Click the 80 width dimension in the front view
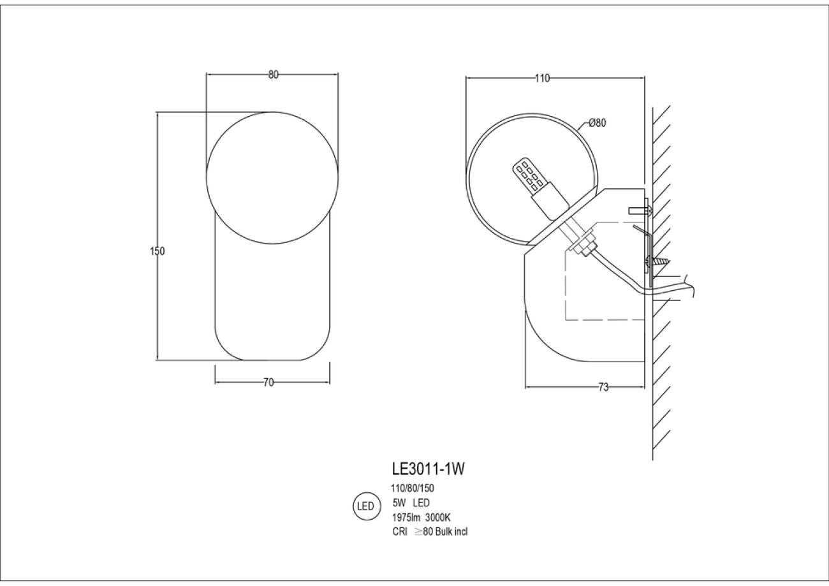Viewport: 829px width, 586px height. point(273,75)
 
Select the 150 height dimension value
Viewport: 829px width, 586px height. point(158,251)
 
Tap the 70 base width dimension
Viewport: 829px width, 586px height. point(268,383)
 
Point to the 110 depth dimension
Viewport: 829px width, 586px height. point(542,79)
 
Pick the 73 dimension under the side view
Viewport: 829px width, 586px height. point(603,387)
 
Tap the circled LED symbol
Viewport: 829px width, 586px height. point(365,507)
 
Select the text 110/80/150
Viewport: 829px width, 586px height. point(413,488)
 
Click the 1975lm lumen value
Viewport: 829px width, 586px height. point(404,517)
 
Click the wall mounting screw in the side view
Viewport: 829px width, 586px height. point(659,261)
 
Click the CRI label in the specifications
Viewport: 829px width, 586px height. point(400,532)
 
